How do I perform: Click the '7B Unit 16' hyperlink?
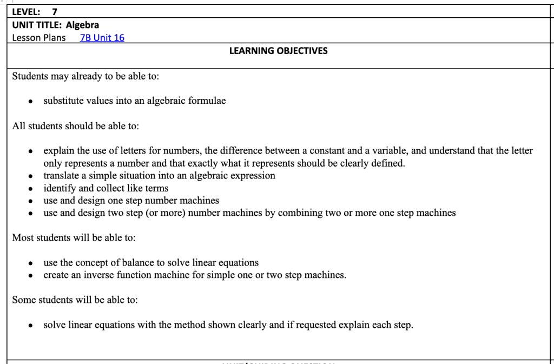tap(102, 38)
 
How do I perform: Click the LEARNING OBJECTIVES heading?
tap(278, 51)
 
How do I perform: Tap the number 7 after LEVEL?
tap(55, 12)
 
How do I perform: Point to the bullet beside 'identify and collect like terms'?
tap(32, 189)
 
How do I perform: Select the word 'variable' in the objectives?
tap(380, 151)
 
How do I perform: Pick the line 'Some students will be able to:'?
tap(75, 300)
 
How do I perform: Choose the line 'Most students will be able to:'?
tap(74, 238)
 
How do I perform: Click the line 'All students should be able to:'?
tap(76, 126)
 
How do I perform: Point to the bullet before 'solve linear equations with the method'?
tap(32, 326)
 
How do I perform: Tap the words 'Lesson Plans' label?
tap(39, 38)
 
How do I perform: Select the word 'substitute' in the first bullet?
tap(63, 101)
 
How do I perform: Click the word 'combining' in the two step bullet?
tap(287, 213)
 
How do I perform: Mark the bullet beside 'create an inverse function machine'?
tap(32, 276)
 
